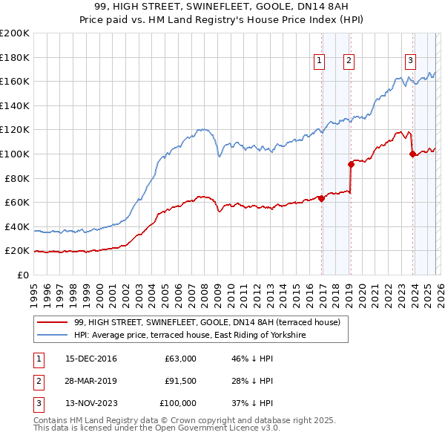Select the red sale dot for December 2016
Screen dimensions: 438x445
click(321, 198)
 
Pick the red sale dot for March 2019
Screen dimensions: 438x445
click(351, 164)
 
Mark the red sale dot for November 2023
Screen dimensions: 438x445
click(412, 154)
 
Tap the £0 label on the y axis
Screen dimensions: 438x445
click(22, 275)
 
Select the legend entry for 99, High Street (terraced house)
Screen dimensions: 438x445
click(207, 323)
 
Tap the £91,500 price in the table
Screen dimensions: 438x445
click(181, 381)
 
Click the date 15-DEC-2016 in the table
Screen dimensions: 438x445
click(91, 359)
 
